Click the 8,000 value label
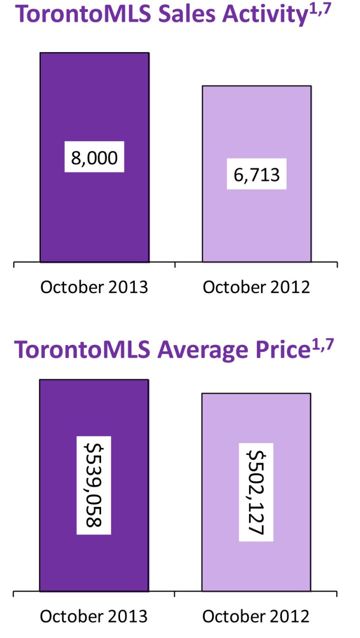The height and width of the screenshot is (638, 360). pyautogui.click(x=94, y=158)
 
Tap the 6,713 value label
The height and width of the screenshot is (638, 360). pyautogui.click(x=256, y=175)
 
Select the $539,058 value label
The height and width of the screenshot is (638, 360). pyautogui.click(x=94, y=485)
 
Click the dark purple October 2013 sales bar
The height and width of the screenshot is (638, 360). pyautogui.click(x=94, y=219)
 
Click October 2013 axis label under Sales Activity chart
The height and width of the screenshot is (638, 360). pyautogui.click(x=94, y=288)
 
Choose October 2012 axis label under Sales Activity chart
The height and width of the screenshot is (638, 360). pyautogui.click(x=256, y=288)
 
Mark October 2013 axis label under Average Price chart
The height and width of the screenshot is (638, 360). pyautogui.click(x=94, y=617)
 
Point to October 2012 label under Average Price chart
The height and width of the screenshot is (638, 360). pyautogui.click(x=256, y=617)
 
